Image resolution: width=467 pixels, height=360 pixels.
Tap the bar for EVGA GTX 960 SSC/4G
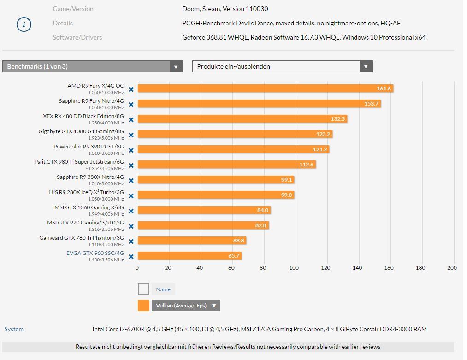coord(189,256)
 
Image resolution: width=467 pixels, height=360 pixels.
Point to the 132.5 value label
coord(337,119)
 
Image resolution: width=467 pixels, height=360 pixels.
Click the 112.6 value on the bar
coord(306,165)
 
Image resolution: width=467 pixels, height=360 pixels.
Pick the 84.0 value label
coord(262,210)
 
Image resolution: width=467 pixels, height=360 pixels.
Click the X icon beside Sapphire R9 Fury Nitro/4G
coord(131,105)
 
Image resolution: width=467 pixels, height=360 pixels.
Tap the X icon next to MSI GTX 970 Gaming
coord(131,226)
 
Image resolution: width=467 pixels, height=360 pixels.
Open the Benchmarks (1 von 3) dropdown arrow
coord(176,67)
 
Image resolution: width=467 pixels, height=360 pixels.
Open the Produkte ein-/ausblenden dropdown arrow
coord(366,67)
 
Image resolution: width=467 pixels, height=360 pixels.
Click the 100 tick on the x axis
coord(294,268)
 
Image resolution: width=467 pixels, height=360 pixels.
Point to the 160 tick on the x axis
coord(389,268)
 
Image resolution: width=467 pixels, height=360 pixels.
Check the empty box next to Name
coord(143,289)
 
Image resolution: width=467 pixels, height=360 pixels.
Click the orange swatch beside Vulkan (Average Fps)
coord(143,306)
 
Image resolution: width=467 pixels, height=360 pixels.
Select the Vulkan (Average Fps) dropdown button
coord(186,306)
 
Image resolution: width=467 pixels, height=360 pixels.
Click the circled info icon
coord(24,24)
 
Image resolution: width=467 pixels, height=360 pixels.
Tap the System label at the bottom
coord(14,329)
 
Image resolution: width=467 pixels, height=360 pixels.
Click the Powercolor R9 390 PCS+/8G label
coord(89,147)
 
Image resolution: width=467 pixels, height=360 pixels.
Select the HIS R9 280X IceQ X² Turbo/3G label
coord(86,192)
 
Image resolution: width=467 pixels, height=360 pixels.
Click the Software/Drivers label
coord(77,37)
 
